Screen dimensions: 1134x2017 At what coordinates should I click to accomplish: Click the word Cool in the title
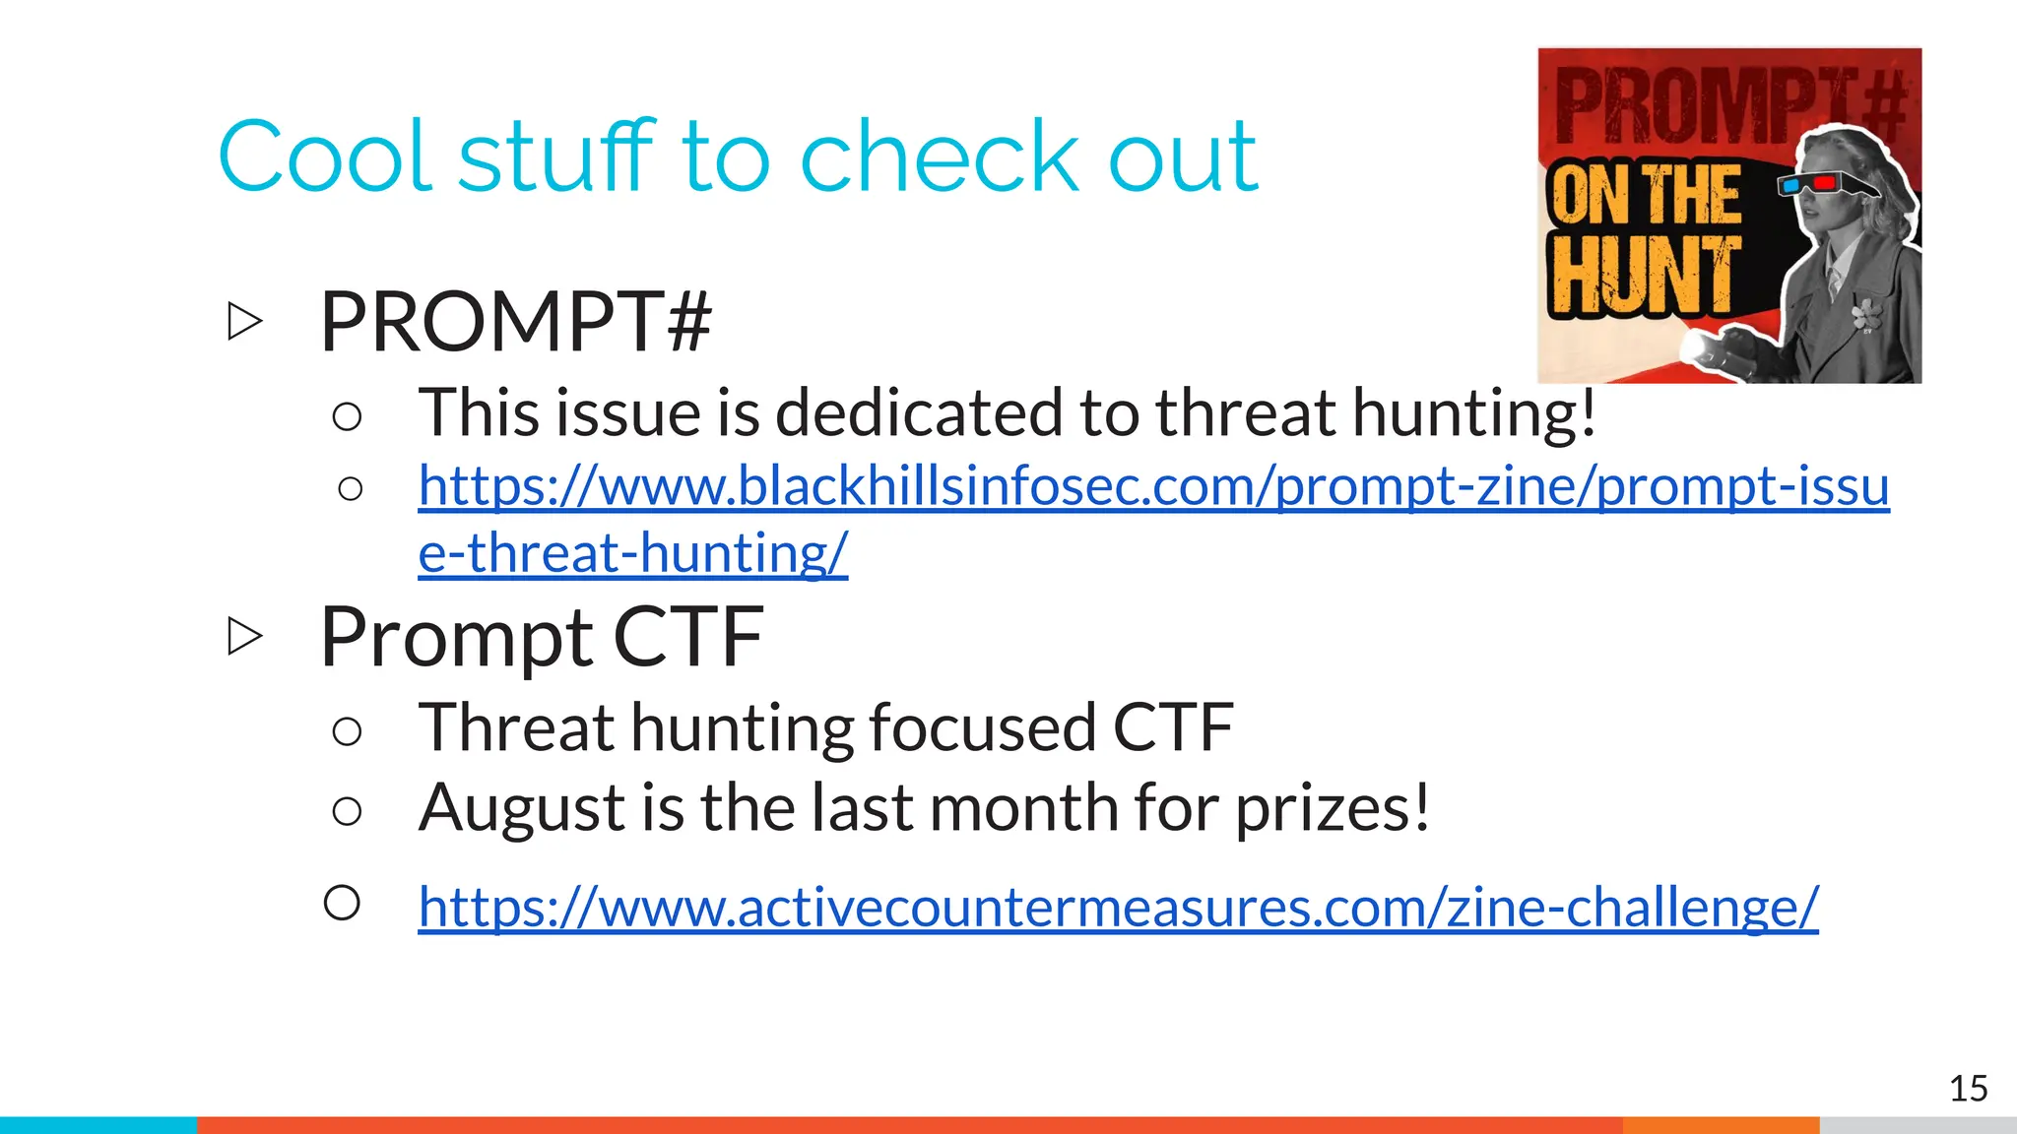point(325,157)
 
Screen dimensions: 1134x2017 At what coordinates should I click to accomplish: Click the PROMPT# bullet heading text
point(515,322)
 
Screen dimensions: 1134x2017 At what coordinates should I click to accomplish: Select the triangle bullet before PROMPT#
point(244,322)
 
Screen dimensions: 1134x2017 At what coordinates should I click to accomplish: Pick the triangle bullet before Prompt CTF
point(244,636)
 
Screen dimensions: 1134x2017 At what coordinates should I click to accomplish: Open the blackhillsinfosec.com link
point(1152,487)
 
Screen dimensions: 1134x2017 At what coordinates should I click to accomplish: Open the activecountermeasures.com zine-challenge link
point(1118,907)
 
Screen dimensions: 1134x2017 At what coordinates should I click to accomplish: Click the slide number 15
point(1968,1089)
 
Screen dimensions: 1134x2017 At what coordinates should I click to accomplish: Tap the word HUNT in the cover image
point(1643,277)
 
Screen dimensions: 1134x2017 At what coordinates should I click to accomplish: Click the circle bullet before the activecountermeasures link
point(342,903)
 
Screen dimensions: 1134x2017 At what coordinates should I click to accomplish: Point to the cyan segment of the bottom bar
point(98,1125)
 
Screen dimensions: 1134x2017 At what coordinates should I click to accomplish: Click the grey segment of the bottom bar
point(1918,1125)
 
